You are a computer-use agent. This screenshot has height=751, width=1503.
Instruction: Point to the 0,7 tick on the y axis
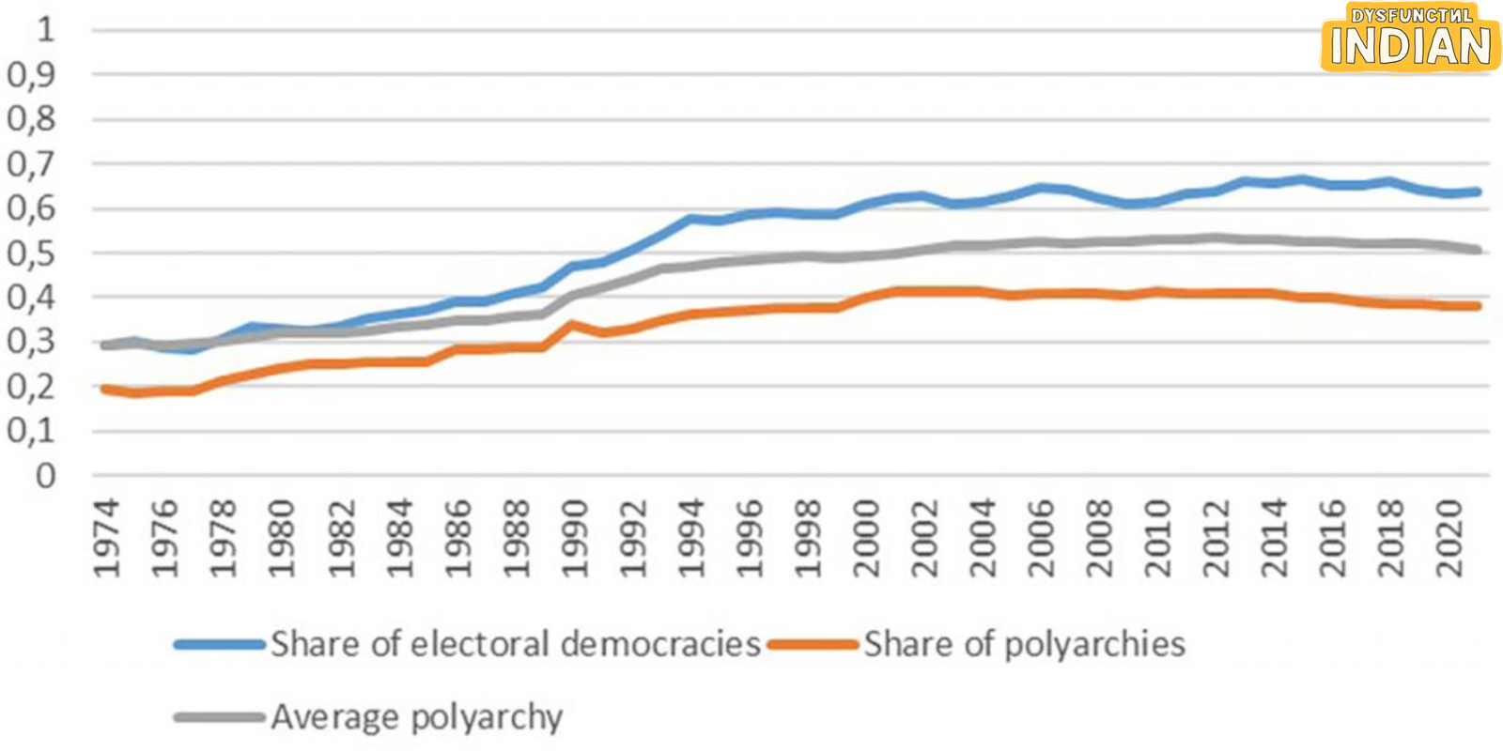[x=31, y=165]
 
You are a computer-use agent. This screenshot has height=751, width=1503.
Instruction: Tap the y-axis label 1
[x=45, y=29]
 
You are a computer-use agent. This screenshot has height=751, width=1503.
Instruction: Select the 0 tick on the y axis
[x=45, y=476]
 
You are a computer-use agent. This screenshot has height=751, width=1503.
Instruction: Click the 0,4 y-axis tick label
[x=31, y=299]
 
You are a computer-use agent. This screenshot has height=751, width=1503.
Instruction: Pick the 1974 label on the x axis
[x=107, y=539]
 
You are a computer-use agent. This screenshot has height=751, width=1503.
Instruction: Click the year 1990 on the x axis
[x=573, y=539]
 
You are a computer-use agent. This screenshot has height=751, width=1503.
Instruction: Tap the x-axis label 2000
[x=865, y=539]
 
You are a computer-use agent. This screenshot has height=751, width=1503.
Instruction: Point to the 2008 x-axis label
[x=1099, y=539]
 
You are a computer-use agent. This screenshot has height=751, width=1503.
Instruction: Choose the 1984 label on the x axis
[x=399, y=539]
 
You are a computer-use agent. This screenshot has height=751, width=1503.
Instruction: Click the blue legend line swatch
[x=220, y=644]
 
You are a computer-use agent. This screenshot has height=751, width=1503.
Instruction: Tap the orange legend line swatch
[x=813, y=644]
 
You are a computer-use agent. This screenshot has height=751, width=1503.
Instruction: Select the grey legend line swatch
[x=220, y=717]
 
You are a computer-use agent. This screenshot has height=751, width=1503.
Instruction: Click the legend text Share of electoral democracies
[x=516, y=644]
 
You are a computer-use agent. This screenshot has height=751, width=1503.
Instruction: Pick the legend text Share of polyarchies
[x=1025, y=644]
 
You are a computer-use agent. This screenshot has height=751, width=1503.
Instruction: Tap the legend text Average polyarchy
[x=417, y=717]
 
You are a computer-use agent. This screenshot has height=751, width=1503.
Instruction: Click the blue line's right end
[x=1478, y=192]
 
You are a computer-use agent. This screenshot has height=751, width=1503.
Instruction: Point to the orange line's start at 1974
[x=105, y=389]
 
